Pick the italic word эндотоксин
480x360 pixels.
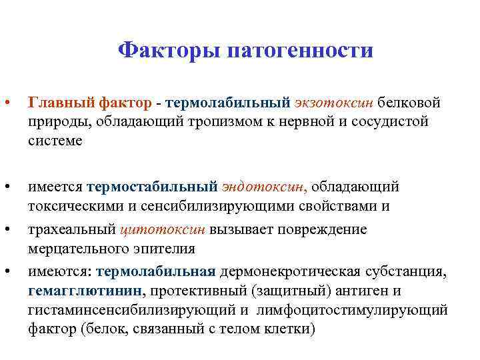tap(265, 185)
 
